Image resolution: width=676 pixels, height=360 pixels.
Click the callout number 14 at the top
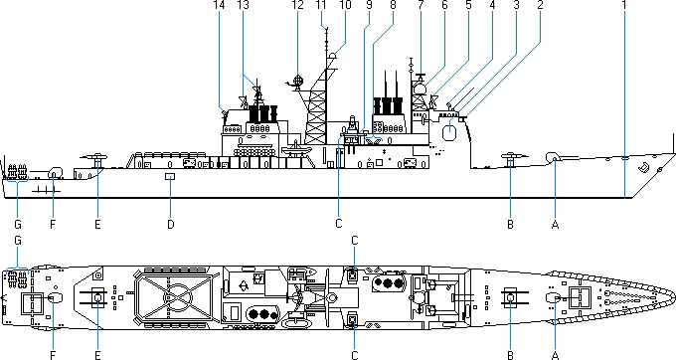pyautogui.click(x=219, y=5)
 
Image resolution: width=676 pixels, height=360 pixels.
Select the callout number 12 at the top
pyautogui.click(x=297, y=5)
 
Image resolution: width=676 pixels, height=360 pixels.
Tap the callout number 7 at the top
pyautogui.click(x=421, y=5)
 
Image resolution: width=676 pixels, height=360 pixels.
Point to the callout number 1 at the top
pyautogui.click(x=624, y=5)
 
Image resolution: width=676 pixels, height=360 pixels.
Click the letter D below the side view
pyautogui.click(x=171, y=224)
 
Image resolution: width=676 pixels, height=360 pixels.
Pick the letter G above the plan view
pyautogui.click(x=18, y=241)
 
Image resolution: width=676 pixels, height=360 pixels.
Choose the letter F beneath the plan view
pyautogui.click(x=53, y=355)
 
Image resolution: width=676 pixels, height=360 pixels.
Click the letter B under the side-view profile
pyautogui.click(x=510, y=224)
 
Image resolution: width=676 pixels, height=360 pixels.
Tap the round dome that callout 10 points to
pyautogui.click(x=332, y=56)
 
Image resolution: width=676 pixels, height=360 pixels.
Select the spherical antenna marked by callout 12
pyautogui.click(x=297, y=80)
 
